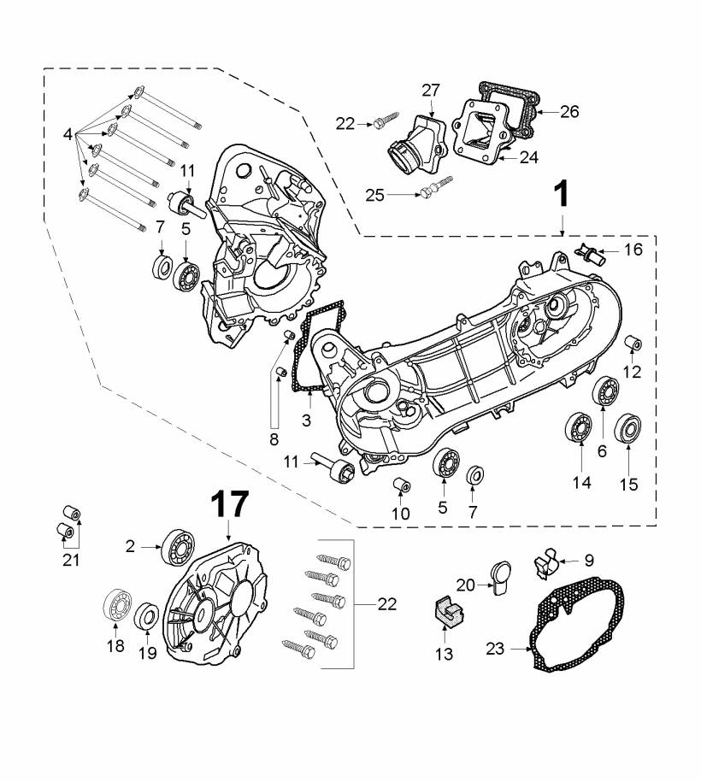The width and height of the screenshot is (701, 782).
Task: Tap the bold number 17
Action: click(229, 504)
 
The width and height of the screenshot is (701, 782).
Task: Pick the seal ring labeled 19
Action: click(147, 614)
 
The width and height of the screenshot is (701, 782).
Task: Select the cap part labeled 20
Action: click(500, 573)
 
